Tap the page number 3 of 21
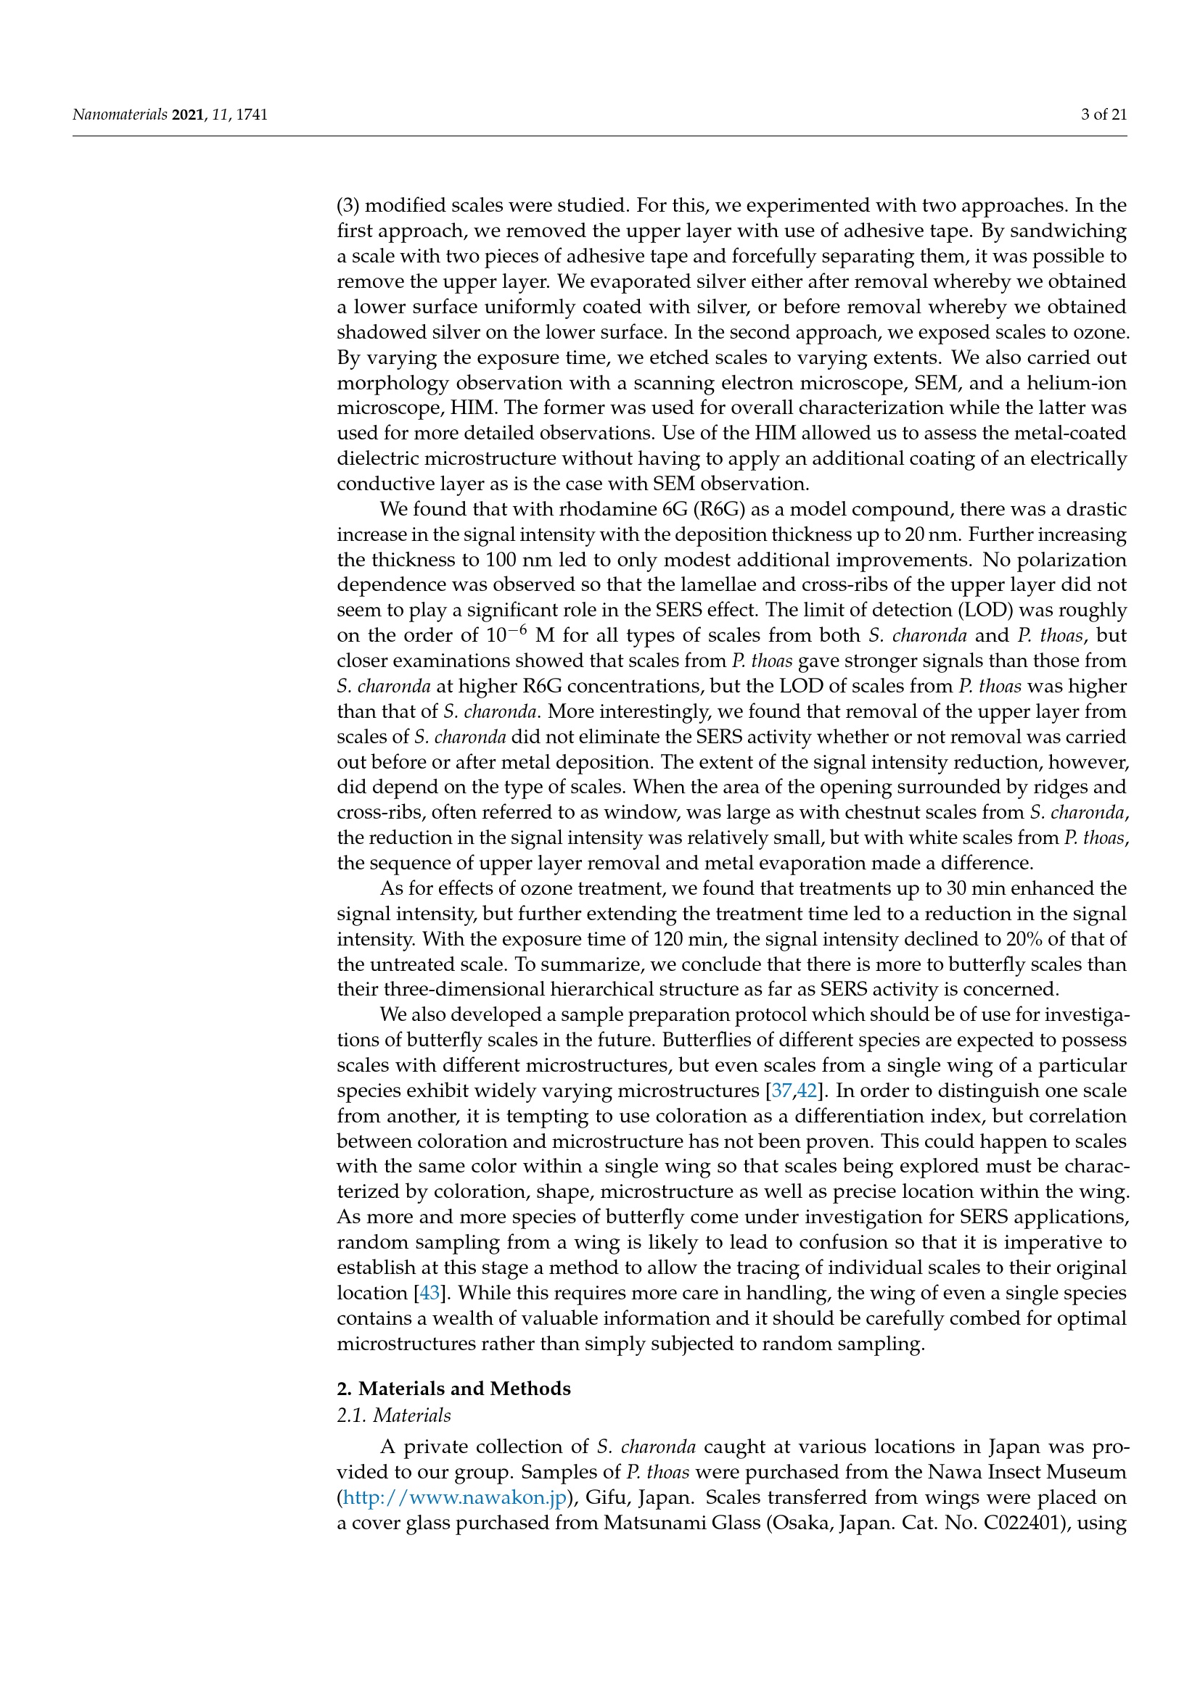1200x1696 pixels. point(1104,115)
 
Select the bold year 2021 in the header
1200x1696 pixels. point(188,115)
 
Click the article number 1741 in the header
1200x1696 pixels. point(252,115)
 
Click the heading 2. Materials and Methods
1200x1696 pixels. point(453,1389)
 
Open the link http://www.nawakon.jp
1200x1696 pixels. point(454,1497)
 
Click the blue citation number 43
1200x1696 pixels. point(430,1293)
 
